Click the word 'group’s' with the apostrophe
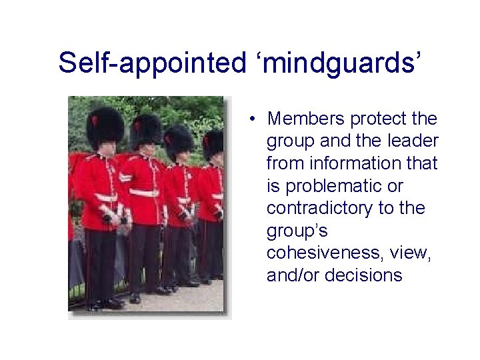point(294,231)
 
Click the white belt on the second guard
point(144,192)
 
